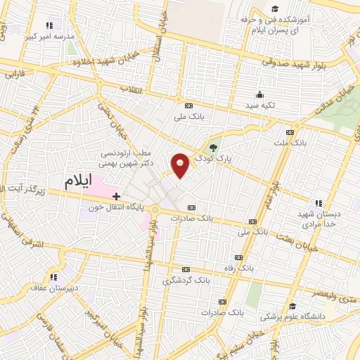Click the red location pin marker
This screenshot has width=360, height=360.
point(181,165)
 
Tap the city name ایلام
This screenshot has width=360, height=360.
point(79,181)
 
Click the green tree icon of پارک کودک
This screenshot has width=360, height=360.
point(214,147)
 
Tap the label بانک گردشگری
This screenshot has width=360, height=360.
point(185,280)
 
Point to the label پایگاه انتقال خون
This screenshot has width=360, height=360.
point(116,207)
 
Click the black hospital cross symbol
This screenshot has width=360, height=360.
point(117,196)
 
